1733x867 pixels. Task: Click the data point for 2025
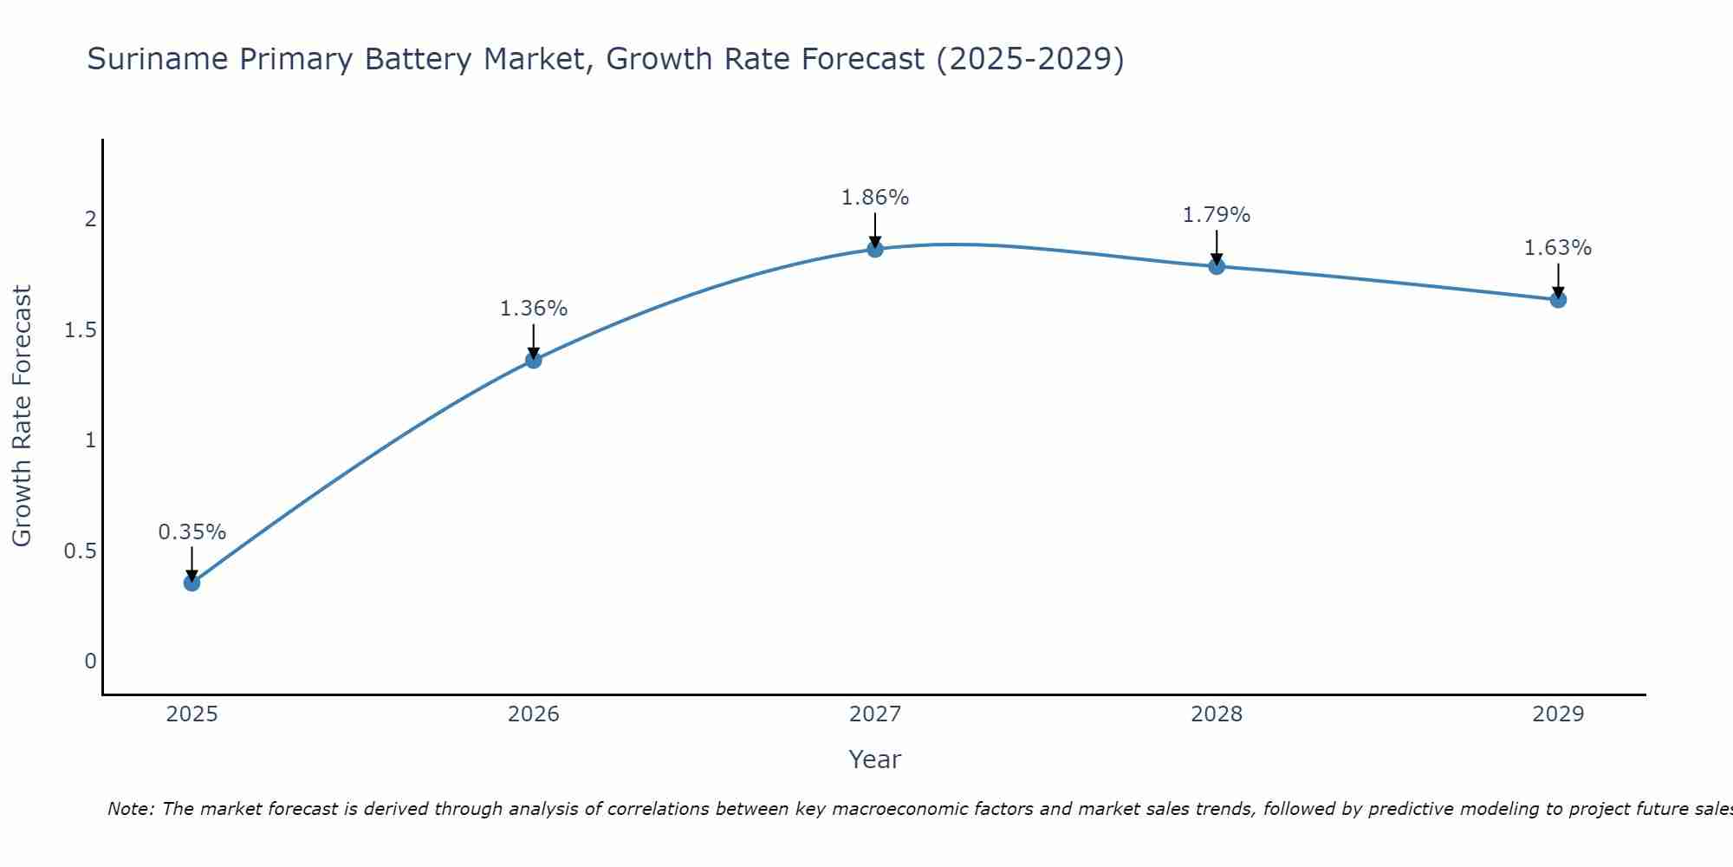(191, 583)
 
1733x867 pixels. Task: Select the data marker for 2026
(534, 360)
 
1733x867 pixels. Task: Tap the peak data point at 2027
(875, 250)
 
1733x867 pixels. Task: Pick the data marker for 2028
(1217, 266)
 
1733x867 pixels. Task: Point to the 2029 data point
(1558, 300)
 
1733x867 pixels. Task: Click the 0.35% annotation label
(191, 531)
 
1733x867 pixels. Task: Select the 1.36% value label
(534, 308)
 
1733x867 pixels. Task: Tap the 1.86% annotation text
(875, 198)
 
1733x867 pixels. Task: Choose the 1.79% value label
(1217, 214)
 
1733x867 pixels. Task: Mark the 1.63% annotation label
(1558, 248)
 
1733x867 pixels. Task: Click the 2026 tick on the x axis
(534, 714)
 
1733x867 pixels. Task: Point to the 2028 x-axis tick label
(1217, 714)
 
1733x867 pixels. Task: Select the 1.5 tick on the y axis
(81, 329)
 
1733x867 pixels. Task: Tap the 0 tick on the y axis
(90, 662)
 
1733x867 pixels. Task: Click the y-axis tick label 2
(90, 219)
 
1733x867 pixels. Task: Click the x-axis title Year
(875, 759)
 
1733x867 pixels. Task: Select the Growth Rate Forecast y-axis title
(22, 416)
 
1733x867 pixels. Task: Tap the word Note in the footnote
(129, 809)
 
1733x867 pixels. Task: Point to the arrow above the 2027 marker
(875, 230)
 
